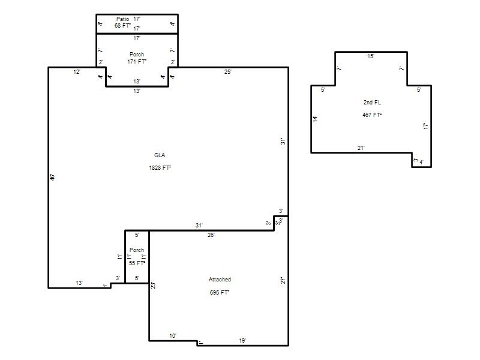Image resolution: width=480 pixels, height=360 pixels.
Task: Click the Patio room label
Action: coord(123,19)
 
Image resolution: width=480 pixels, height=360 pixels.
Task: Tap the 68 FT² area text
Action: coord(123,26)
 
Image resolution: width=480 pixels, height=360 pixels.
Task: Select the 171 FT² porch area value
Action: coord(137,62)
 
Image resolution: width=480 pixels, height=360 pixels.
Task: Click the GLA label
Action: coord(160,155)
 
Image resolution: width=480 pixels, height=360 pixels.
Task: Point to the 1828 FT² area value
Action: coord(160,168)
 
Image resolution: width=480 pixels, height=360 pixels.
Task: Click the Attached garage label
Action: coord(220,280)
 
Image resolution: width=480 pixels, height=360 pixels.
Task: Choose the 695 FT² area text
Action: coord(220,293)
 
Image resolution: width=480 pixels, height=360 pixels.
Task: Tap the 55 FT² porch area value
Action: coord(137,263)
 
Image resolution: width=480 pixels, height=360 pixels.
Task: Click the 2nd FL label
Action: coord(372,102)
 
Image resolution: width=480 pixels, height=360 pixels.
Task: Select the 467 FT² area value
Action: coord(372,115)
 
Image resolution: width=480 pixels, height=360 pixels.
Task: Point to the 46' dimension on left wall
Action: coord(53,177)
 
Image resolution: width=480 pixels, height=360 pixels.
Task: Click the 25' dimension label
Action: coord(228,72)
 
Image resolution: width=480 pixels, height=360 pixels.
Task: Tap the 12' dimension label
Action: coord(77,72)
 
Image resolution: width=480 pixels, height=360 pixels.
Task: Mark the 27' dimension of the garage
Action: coord(283,280)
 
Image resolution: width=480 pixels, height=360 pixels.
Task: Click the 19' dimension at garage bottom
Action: coord(242,340)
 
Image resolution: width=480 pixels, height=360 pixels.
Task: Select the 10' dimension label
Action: coord(173,336)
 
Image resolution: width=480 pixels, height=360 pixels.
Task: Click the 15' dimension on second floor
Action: coord(371,56)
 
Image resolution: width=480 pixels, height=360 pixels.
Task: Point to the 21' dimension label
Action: coord(361,148)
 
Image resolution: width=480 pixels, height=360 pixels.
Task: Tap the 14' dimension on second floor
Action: coord(316,119)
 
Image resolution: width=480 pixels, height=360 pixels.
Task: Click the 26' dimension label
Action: coord(211,235)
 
